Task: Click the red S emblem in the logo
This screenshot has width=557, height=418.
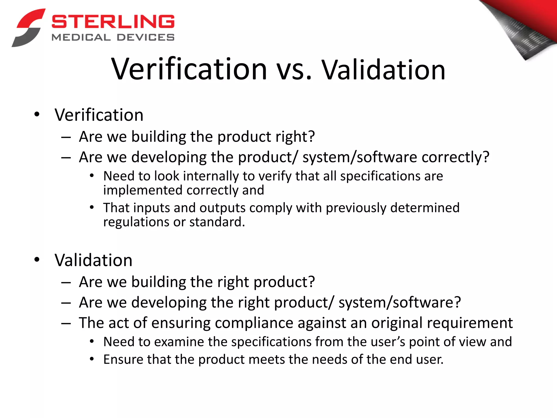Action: point(29,27)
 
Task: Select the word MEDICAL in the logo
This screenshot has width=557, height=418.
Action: point(81,37)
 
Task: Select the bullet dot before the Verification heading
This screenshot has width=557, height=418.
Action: point(37,114)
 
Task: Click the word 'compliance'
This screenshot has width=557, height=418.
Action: point(254,323)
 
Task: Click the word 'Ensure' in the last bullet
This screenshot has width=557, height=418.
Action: point(123,359)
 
